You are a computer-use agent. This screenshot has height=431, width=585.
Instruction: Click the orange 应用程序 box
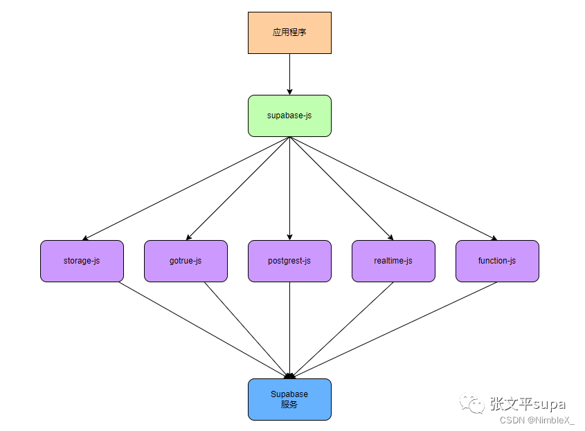(289, 33)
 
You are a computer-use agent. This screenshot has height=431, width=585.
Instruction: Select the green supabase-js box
(289, 116)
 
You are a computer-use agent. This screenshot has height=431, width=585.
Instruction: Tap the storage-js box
(82, 261)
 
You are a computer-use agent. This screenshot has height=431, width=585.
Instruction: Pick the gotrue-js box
(186, 261)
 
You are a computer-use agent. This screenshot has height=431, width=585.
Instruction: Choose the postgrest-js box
(289, 261)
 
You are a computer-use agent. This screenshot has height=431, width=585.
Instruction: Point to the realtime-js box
(393, 261)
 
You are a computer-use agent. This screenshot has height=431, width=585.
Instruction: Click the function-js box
(497, 261)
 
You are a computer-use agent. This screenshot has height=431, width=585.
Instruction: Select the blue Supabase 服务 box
(289, 399)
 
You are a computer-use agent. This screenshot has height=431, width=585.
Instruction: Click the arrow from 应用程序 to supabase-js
(289, 74)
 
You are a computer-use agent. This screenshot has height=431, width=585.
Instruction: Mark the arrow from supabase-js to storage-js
(186, 188)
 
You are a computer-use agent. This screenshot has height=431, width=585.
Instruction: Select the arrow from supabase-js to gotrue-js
(237, 188)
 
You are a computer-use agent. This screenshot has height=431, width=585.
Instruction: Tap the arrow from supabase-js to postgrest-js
(289, 188)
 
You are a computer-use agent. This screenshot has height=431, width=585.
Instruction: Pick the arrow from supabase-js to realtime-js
(341, 188)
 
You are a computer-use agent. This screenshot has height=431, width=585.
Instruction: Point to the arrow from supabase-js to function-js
(393, 188)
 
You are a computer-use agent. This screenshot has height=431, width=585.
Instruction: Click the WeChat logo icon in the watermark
(475, 403)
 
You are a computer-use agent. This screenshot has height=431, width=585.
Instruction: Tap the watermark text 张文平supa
(528, 404)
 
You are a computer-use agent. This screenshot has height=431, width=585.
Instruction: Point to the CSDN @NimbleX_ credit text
(537, 420)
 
